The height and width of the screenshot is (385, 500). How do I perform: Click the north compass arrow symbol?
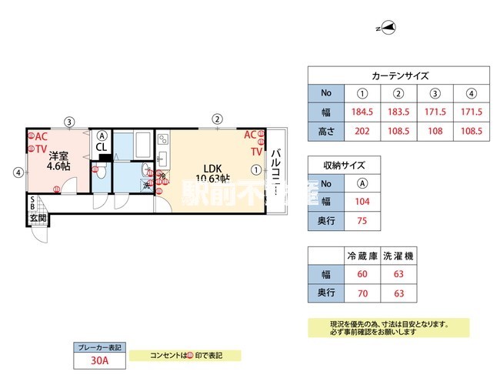click(x=389, y=28)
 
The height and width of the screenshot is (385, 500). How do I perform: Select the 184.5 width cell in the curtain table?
click(x=362, y=112)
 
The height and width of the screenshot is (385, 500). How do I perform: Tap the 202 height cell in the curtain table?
click(x=362, y=131)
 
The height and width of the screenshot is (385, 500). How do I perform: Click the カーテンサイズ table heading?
click(x=399, y=75)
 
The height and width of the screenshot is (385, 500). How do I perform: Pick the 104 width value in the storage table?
click(x=362, y=202)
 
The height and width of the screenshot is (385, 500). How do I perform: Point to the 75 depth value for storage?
click(x=362, y=220)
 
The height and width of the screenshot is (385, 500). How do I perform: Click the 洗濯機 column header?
click(x=398, y=256)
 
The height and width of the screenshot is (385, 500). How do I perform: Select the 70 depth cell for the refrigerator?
click(x=362, y=293)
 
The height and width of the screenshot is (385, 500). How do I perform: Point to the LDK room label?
click(x=212, y=169)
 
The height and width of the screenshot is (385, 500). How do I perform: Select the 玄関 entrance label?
click(x=38, y=218)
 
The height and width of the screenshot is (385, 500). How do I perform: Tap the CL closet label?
click(x=102, y=146)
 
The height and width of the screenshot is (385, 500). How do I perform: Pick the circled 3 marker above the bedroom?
click(x=69, y=121)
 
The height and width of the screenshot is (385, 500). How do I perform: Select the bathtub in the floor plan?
click(x=142, y=145)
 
